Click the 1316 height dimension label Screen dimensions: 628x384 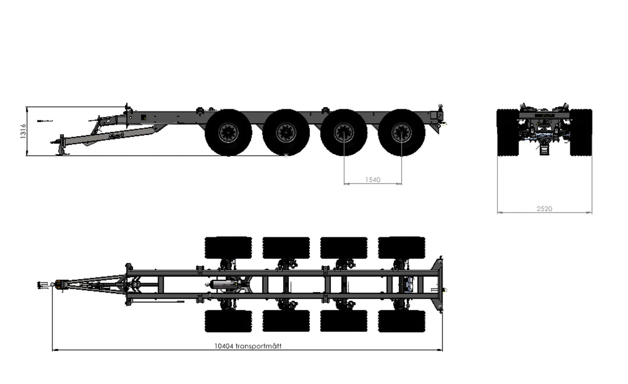click(23, 131)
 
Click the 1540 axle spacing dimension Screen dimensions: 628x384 click(373, 180)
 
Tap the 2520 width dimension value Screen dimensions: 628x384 click(544, 208)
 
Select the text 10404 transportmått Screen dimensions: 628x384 click(248, 346)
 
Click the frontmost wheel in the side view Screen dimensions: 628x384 click(229, 132)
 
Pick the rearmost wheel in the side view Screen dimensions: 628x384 click(402, 132)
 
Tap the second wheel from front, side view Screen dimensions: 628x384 click(286, 132)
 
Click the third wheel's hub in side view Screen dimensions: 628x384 click(344, 132)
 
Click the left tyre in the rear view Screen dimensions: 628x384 click(508, 132)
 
